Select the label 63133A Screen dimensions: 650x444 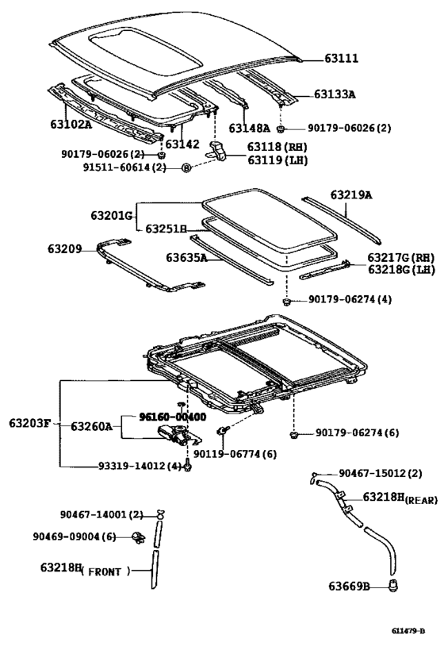334,94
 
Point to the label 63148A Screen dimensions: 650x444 249,128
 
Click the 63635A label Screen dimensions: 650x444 187,257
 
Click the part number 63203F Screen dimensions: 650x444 30,425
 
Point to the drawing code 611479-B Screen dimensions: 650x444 408,631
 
